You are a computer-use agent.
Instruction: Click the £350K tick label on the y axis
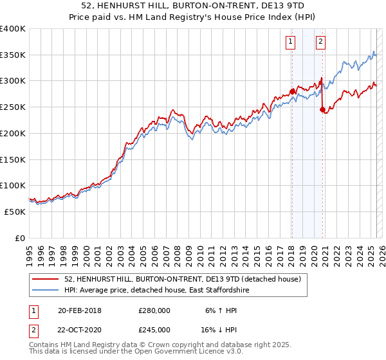(13, 55)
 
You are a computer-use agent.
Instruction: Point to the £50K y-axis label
(15, 212)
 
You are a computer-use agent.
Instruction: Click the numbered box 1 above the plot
(291, 42)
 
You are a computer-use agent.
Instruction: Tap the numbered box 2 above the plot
(320, 42)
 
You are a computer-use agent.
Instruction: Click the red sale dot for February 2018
(292, 91)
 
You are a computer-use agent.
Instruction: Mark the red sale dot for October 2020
(322, 110)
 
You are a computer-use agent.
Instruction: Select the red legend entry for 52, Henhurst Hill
(187, 279)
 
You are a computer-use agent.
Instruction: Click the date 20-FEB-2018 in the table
(80, 310)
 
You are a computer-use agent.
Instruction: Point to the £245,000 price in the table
(154, 329)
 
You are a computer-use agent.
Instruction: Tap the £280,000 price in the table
(154, 310)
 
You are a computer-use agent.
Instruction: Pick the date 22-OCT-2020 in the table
(80, 329)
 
